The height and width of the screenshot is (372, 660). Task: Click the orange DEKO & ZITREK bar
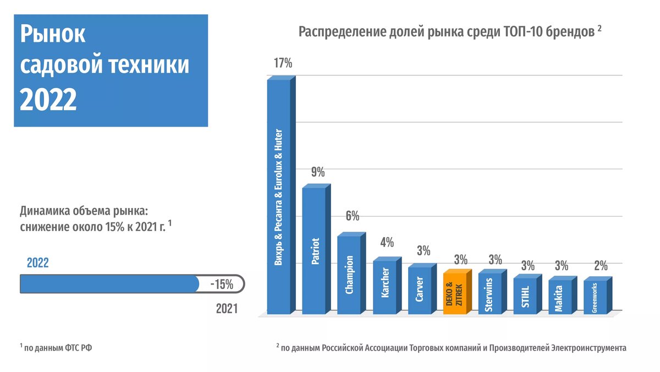[x=454, y=293]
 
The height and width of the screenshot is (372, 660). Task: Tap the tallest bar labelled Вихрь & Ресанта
[x=279, y=196]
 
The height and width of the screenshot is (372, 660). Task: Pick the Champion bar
[x=349, y=274]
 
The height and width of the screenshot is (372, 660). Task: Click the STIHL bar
[x=525, y=296]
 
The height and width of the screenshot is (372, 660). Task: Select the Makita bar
[x=559, y=298]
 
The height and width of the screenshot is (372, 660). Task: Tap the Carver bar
[x=420, y=290]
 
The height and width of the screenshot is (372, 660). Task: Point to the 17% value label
[x=283, y=63]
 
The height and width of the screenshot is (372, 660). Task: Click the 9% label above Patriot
[x=318, y=172]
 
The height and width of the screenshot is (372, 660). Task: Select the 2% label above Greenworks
[x=601, y=266]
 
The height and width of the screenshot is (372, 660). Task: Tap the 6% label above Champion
[x=352, y=215]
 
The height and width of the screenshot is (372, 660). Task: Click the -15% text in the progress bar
[x=222, y=285]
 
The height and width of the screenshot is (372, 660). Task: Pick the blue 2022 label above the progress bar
[x=37, y=263]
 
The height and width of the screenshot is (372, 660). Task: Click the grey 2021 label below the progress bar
[x=226, y=309]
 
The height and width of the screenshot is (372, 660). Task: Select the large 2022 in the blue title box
[x=48, y=100]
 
